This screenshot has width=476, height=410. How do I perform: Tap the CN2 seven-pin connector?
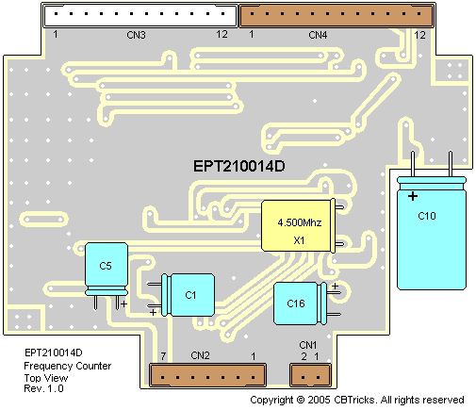207,375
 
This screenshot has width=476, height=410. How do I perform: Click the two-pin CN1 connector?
310,375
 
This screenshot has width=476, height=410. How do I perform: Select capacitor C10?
432,220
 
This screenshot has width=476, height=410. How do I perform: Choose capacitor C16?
306,303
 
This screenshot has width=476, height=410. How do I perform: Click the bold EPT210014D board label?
239,166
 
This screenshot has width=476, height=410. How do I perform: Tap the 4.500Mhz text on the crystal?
300,222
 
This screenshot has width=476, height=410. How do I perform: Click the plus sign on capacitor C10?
413,196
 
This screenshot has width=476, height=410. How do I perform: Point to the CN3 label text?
136,35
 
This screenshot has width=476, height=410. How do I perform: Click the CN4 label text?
318,35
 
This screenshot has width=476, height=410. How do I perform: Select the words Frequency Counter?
68,366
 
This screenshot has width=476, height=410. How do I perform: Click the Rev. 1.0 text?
43,388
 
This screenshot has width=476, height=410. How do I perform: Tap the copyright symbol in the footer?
301,400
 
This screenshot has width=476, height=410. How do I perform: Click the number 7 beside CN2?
163,356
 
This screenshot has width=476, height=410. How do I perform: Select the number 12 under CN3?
222,34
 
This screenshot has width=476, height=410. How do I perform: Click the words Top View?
46,378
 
